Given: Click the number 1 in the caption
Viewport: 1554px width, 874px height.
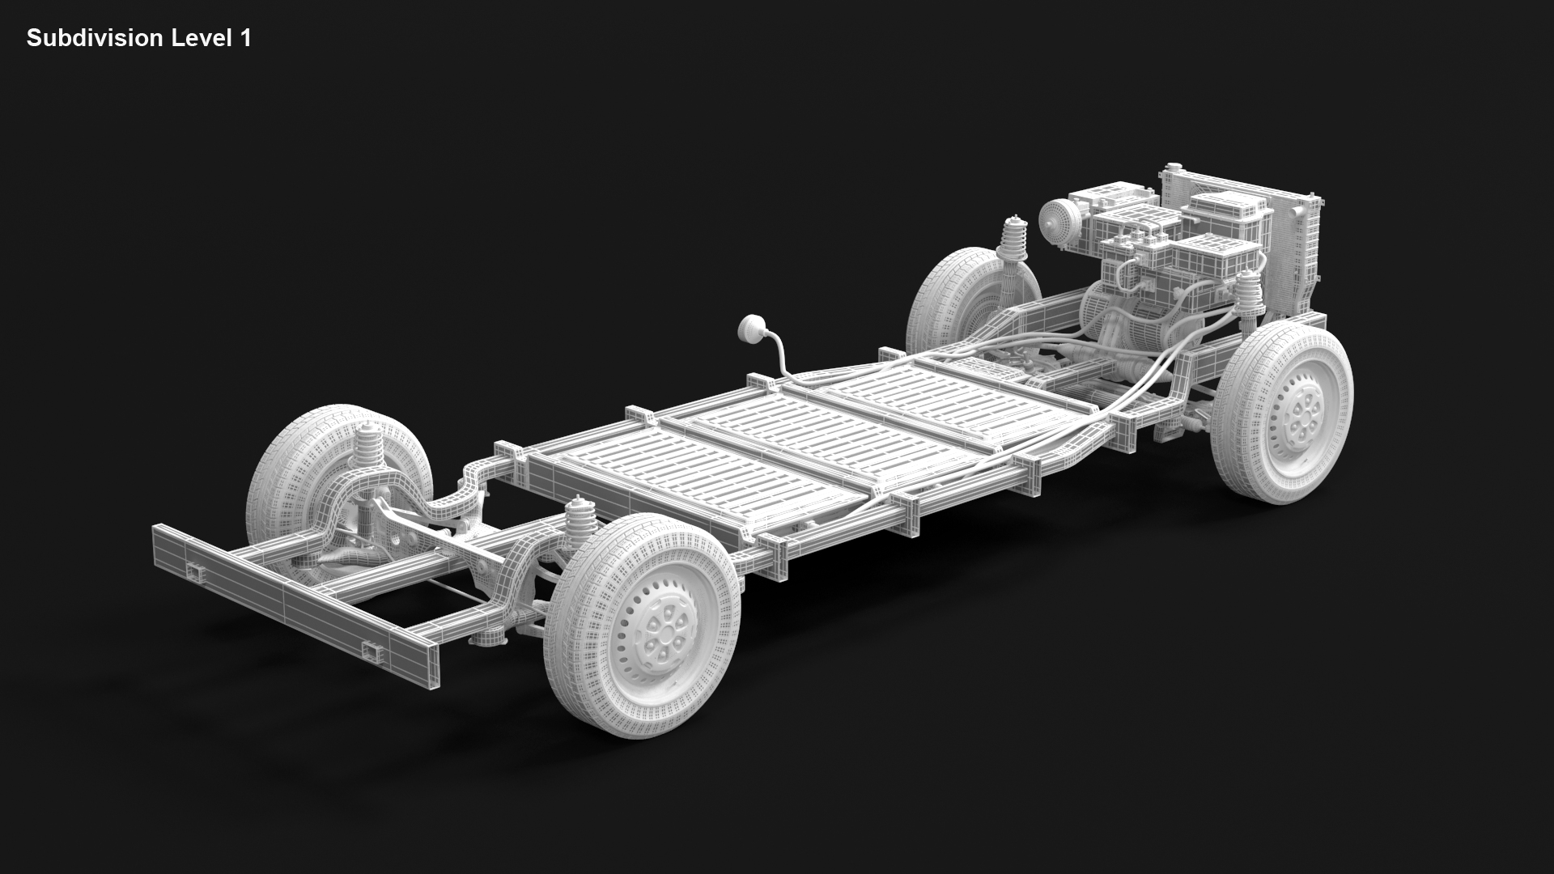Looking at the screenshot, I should pyautogui.click(x=245, y=38).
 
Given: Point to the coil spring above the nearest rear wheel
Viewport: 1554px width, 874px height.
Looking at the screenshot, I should pyautogui.click(x=580, y=523).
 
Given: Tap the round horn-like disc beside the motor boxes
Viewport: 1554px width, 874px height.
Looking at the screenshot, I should pyautogui.click(x=1055, y=217).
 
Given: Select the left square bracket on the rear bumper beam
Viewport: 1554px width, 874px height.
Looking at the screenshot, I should pyautogui.click(x=196, y=573).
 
